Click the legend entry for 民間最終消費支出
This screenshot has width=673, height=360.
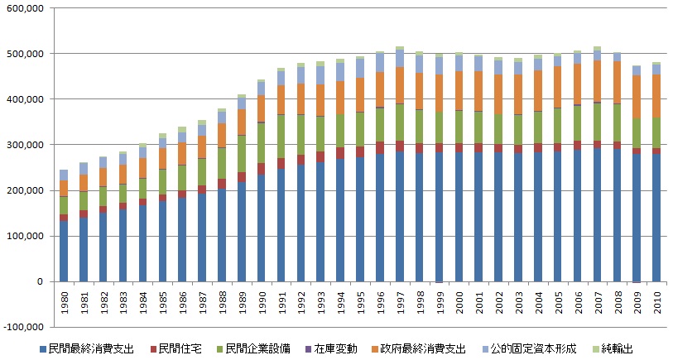pyautogui.click(x=81, y=349)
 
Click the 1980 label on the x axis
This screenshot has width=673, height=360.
pyautogui.click(x=64, y=300)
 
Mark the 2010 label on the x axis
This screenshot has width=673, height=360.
pyautogui.click(x=657, y=300)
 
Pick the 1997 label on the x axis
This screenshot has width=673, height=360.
pyautogui.click(x=400, y=300)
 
